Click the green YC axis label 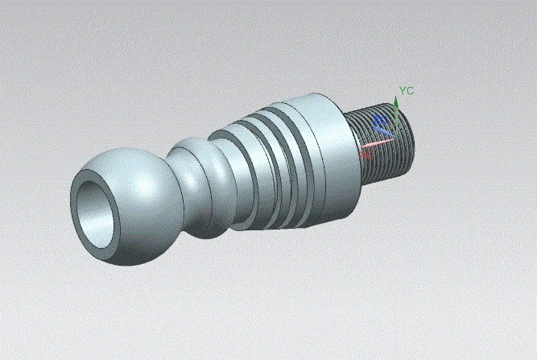[407, 91]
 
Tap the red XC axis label [366, 151]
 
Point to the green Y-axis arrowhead [396, 102]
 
